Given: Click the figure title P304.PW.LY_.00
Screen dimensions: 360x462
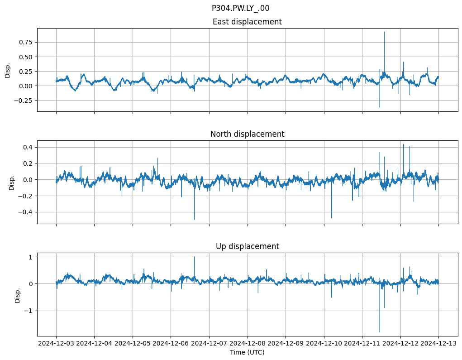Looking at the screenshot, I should pyautogui.click(x=240, y=8).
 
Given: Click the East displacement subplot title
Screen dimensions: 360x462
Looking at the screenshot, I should pyautogui.click(x=247, y=22).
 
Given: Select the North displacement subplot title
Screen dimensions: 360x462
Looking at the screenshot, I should pyautogui.click(x=247, y=134).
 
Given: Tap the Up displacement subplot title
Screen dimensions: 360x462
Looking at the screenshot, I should pyautogui.click(x=247, y=246).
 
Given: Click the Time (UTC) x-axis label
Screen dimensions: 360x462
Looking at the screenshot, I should pyautogui.click(x=247, y=352).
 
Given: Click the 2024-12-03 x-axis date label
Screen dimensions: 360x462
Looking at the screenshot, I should pyautogui.click(x=56, y=344).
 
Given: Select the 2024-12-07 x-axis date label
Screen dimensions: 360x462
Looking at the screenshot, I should pyautogui.click(x=209, y=344).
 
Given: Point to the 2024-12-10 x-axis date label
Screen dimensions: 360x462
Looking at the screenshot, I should pyautogui.click(x=324, y=344).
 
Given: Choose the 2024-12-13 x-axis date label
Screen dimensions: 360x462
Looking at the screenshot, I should pyautogui.click(x=438, y=344).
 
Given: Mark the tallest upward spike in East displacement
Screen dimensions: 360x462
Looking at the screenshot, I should pyautogui.click(x=384, y=32).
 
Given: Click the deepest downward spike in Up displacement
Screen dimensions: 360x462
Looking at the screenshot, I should pyautogui.click(x=380, y=332).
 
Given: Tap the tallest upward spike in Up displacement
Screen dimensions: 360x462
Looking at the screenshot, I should pyautogui.click(x=195, y=257).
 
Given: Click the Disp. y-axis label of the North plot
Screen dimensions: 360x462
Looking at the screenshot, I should pyautogui.click(x=12, y=182).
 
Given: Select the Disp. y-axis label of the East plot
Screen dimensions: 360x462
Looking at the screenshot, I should pyautogui.click(x=8, y=70).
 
